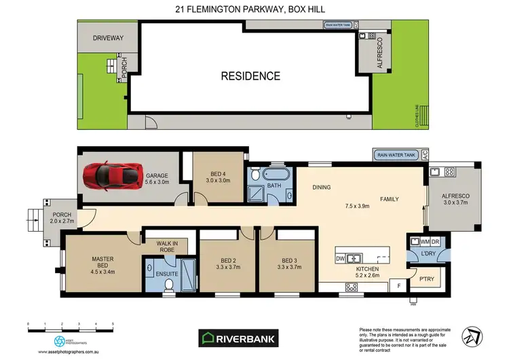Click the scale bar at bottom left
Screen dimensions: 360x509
click(70, 329)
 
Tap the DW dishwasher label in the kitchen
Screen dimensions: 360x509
click(341, 259)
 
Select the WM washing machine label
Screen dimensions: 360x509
click(426, 241)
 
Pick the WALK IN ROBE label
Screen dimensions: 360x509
click(166, 247)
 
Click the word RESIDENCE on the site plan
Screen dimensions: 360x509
click(250, 76)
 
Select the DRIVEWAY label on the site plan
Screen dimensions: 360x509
click(107, 39)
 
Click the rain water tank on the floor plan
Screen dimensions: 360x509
click(395, 155)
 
